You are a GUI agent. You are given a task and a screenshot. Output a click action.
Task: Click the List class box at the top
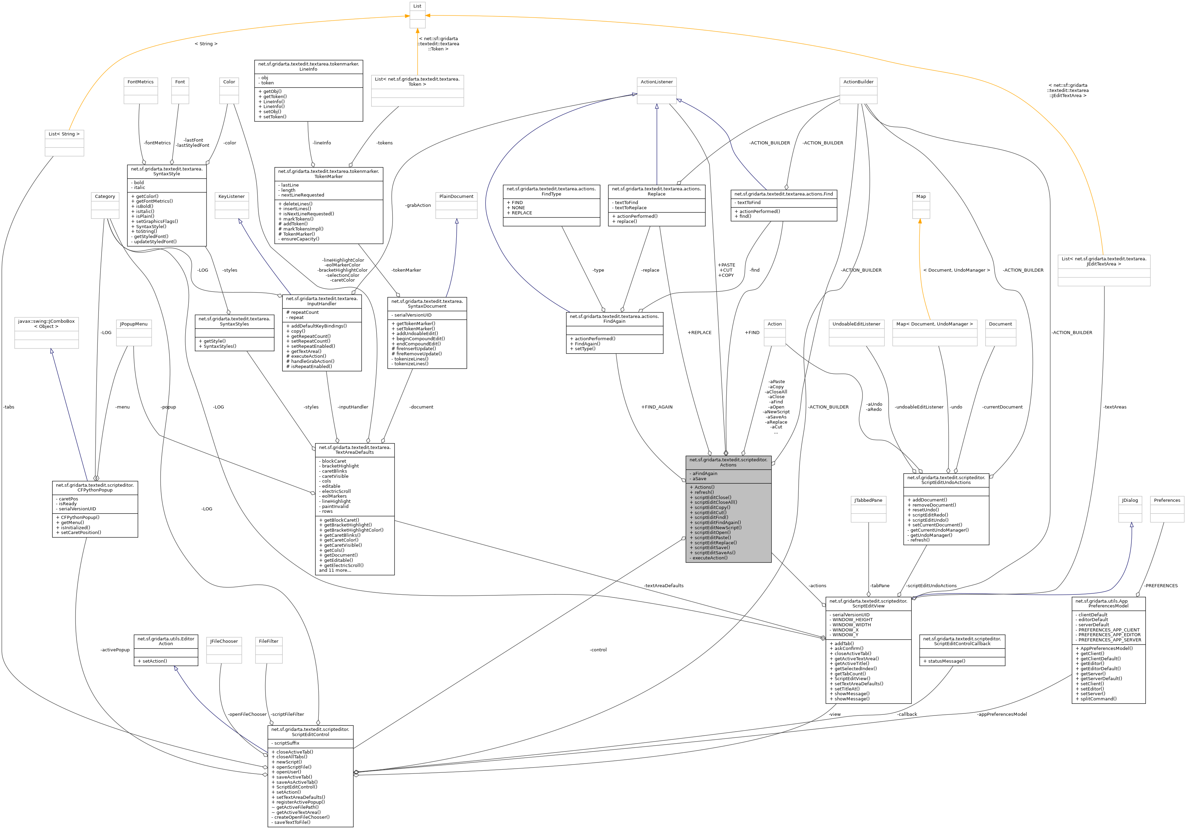tap(418, 15)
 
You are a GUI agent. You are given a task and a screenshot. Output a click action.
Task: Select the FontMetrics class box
tap(141, 91)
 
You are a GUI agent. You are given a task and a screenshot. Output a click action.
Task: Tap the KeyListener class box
tap(232, 205)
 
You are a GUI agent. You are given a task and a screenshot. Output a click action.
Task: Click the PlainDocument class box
tap(456, 205)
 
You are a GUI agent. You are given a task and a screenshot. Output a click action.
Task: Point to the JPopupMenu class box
tap(134, 333)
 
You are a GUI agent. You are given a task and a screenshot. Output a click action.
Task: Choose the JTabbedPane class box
tap(868, 509)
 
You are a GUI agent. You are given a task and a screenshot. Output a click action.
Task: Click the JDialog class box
tap(1130, 509)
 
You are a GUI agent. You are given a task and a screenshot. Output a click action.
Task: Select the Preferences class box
tap(1167, 509)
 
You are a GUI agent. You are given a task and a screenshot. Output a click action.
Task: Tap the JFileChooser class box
tap(224, 650)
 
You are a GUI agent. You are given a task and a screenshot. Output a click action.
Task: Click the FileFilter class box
tap(269, 650)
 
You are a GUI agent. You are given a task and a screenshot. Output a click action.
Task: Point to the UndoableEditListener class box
tap(856, 333)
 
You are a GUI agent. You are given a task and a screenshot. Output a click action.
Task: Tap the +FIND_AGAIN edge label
tap(657, 407)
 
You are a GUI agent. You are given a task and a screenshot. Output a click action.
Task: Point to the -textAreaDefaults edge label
tap(664, 586)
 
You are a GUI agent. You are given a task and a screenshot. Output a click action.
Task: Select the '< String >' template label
tap(206, 44)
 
